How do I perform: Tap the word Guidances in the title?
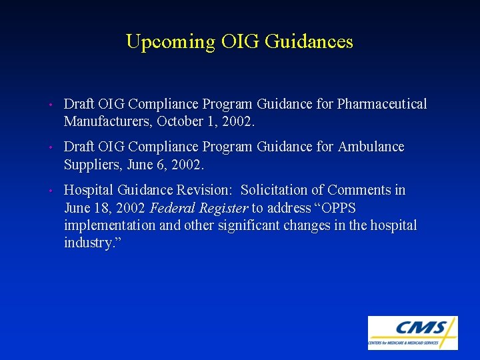309,42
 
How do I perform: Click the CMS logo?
413,333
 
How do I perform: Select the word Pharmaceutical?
382,104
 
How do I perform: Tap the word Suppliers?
91,164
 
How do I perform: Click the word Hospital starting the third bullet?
89,191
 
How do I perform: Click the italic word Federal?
173,208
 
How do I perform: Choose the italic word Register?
223,208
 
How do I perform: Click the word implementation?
110,225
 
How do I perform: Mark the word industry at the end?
89,243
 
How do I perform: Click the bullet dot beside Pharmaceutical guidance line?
51,105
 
